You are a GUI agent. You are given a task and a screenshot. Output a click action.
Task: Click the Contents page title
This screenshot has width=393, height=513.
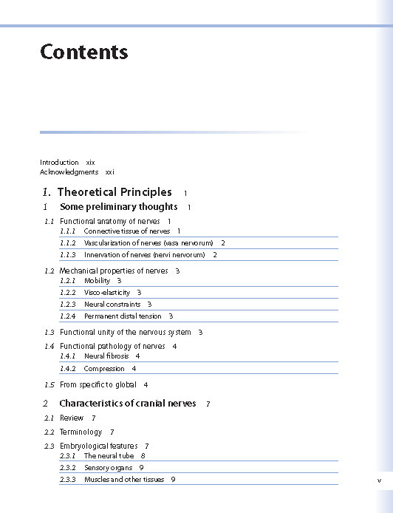(x=83, y=52)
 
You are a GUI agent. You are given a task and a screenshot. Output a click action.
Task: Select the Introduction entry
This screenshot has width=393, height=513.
(x=59, y=162)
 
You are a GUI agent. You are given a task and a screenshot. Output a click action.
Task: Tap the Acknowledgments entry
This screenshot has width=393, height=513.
(x=69, y=171)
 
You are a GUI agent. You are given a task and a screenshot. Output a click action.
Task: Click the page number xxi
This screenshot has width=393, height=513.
(x=109, y=171)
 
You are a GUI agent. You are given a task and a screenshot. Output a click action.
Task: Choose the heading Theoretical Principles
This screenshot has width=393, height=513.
(x=114, y=192)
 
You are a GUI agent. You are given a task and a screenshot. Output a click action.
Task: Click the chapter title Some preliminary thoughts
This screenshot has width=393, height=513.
(x=118, y=207)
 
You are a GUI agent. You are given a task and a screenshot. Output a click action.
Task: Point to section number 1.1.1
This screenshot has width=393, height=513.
(x=68, y=231)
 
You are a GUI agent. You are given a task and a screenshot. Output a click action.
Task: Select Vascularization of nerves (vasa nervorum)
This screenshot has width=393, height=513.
(x=148, y=242)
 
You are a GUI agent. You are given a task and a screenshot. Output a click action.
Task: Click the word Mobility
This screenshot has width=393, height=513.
(x=97, y=281)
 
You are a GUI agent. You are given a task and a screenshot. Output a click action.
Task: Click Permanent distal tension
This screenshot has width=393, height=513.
(x=122, y=316)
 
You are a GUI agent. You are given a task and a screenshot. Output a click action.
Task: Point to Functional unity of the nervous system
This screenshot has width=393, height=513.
(x=125, y=333)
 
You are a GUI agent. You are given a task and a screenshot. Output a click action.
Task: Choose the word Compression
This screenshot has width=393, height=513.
(x=104, y=368)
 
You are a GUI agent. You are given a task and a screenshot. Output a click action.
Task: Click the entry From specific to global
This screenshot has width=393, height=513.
(x=98, y=385)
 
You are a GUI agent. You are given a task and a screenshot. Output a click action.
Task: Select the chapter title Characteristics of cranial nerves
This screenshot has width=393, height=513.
(x=127, y=404)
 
